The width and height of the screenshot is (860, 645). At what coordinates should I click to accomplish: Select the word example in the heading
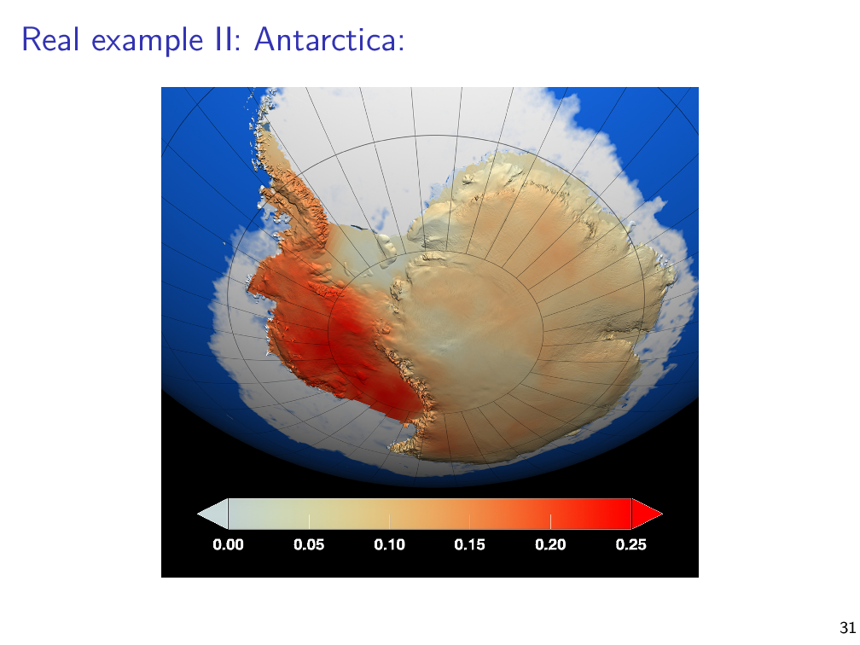click(x=148, y=42)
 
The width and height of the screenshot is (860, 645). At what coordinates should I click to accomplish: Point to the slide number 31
click(x=847, y=627)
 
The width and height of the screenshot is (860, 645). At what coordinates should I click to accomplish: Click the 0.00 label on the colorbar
click(x=228, y=544)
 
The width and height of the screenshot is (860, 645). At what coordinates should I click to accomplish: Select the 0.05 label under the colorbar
click(x=309, y=544)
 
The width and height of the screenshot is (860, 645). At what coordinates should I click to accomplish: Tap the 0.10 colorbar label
click(x=389, y=544)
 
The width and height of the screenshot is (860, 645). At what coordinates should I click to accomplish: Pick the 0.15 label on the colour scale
click(x=470, y=544)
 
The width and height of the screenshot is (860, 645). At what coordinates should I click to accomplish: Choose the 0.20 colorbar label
click(x=550, y=544)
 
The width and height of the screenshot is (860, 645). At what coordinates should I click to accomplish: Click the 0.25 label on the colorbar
click(x=631, y=544)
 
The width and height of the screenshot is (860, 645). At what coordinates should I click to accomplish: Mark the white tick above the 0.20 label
click(x=550, y=521)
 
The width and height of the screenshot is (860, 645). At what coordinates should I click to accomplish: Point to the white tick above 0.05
click(x=309, y=521)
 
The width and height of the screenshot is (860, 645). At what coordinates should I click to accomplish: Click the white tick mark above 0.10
click(x=389, y=521)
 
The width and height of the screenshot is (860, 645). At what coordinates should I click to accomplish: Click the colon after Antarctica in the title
click(x=402, y=44)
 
